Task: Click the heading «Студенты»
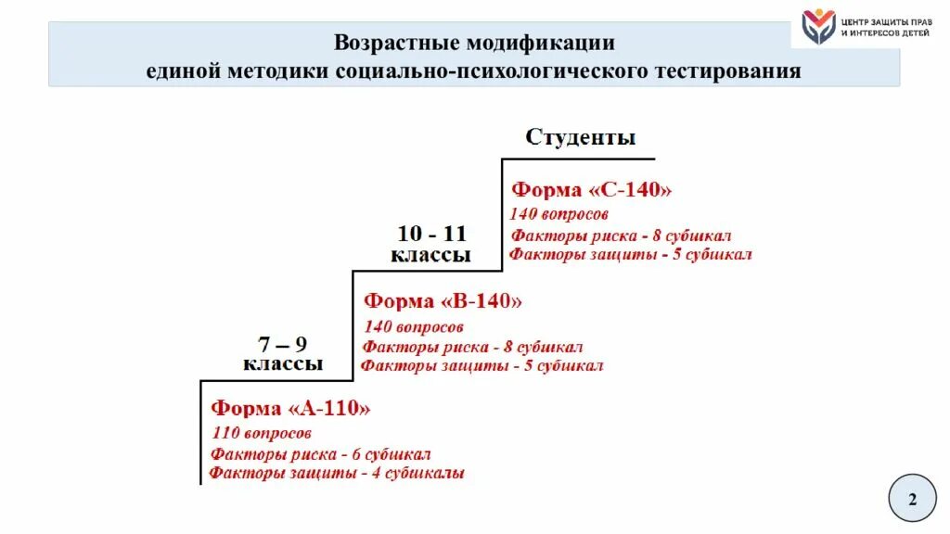(x=580, y=138)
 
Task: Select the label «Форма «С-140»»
(x=591, y=189)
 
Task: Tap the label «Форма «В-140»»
(x=443, y=301)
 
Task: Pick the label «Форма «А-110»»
(x=290, y=408)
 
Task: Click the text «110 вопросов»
(x=262, y=433)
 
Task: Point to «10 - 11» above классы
(x=431, y=234)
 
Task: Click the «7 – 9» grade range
(x=282, y=344)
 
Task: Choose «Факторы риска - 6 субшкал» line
(x=320, y=454)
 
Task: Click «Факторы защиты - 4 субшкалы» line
(x=336, y=473)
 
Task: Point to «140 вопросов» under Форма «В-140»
(x=413, y=326)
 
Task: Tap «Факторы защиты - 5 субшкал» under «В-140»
(x=481, y=365)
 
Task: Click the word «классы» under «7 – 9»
(x=283, y=363)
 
